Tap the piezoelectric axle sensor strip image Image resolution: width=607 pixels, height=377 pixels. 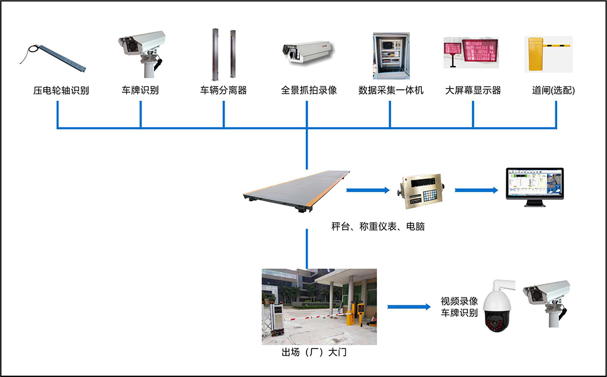click(55, 56)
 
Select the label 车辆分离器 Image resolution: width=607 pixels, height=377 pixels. click(224, 91)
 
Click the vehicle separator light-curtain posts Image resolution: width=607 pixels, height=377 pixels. click(223, 55)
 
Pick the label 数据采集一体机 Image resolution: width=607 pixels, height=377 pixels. click(391, 91)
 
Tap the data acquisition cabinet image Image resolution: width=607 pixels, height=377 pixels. click(389, 55)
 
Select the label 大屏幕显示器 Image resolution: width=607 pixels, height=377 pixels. click(473, 91)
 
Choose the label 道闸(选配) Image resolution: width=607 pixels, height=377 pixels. click(553, 91)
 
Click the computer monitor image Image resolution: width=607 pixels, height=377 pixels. click(535, 187)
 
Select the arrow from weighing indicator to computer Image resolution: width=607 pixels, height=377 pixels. click(476, 190)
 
